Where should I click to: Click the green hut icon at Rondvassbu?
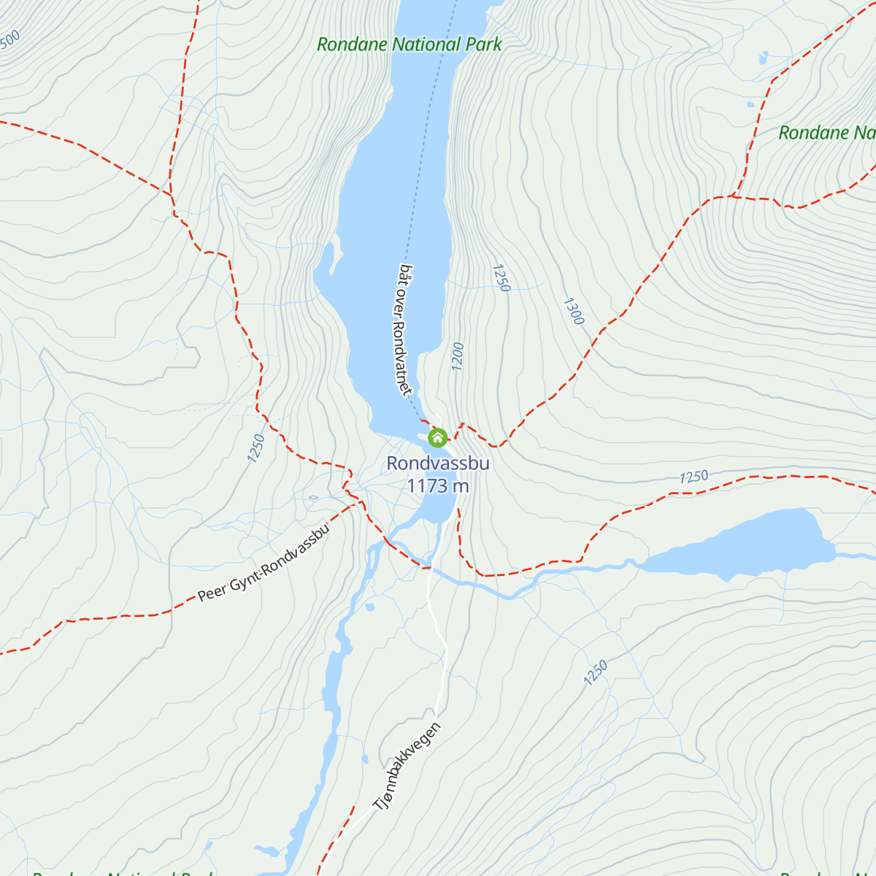(x=437, y=437)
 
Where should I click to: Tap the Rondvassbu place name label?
(x=437, y=464)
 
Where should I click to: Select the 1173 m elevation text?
(x=437, y=485)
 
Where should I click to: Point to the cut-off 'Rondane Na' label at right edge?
(x=826, y=133)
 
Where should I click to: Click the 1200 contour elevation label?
(x=458, y=356)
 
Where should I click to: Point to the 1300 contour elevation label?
(x=574, y=311)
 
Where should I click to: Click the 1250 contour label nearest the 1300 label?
(x=500, y=278)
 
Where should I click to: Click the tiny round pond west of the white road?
(x=369, y=607)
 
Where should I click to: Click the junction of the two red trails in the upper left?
(x=170, y=195)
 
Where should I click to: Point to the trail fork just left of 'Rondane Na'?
(x=734, y=196)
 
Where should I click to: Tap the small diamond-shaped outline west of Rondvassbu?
(x=313, y=498)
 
